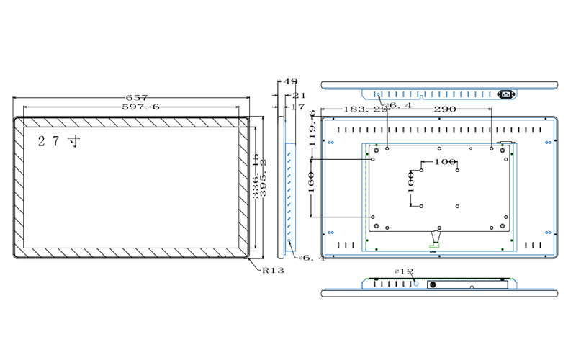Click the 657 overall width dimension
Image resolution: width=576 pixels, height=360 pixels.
(136, 97)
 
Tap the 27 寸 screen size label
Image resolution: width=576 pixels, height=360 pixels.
(59, 140)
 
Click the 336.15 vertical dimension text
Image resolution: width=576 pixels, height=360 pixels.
(256, 176)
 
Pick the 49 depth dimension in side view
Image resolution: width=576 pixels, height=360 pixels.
(291, 83)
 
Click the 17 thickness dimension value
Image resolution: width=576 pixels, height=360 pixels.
(297, 107)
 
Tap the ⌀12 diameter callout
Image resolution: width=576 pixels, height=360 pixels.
(404, 271)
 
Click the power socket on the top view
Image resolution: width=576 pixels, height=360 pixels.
(507, 94)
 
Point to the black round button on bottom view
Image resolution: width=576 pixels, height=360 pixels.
(433, 284)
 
